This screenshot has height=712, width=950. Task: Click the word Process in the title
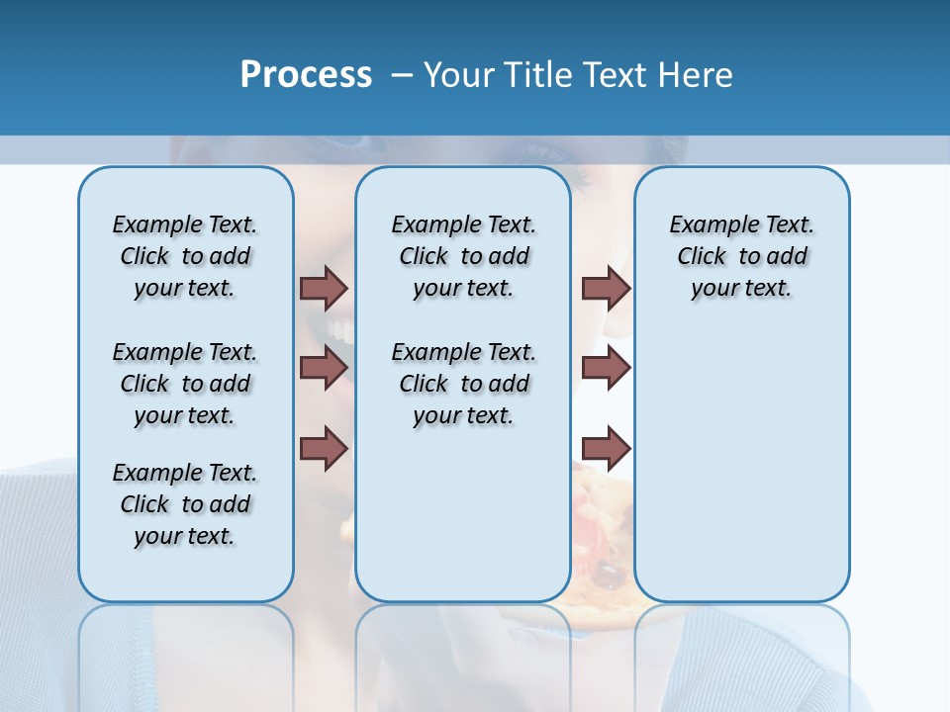click(306, 75)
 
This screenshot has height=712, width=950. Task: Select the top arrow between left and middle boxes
click(324, 288)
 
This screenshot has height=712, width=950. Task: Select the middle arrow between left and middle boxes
click(324, 368)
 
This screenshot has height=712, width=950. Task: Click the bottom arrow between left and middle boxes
click(324, 449)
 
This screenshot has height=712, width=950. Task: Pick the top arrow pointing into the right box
click(606, 288)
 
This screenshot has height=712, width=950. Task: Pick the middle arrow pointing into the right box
click(606, 368)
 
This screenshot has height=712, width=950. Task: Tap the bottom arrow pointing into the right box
click(606, 449)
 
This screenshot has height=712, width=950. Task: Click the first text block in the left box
click(185, 256)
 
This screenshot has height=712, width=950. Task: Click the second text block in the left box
click(185, 384)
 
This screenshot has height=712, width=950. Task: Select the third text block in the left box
click(185, 504)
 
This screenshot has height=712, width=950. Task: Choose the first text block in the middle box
click(463, 256)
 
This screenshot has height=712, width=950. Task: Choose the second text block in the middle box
click(463, 384)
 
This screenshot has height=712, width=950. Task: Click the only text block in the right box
click(741, 256)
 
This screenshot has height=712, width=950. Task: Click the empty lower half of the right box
click(741, 475)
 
